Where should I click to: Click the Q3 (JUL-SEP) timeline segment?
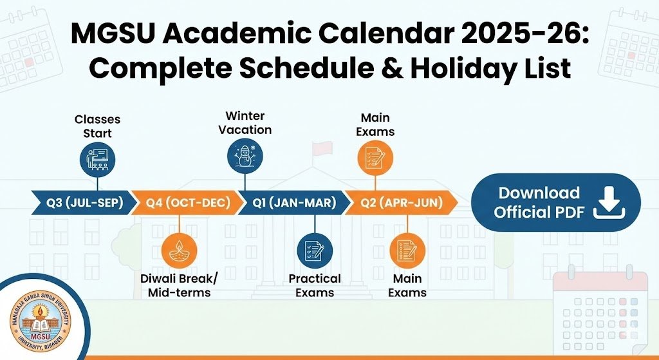[x=82, y=203]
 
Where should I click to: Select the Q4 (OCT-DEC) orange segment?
[x=187, y=203]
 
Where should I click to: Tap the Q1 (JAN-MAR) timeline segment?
[x=293, y=203]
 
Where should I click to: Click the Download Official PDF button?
[x=556, y=202]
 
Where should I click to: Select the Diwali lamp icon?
[x=178, y=251]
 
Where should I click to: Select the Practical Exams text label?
[x=315, y=286]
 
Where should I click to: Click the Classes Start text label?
[x=97, y=126]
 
